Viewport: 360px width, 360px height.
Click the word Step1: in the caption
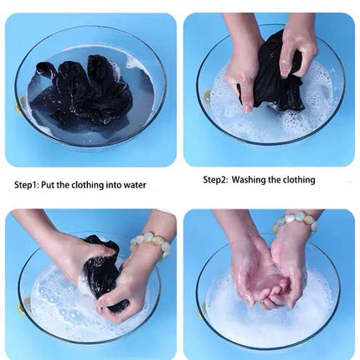pyautogui.click(x=27, y=185)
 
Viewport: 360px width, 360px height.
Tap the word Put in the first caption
pyautogui.click(x=48, y=185)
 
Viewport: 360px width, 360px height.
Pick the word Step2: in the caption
pyautogui.click(x=216, y=180)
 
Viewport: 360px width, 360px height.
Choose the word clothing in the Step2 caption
pyautogui.click(x=299, y=180)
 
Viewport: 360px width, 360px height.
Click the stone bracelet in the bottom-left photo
pyautogui.click(x=151, y=243)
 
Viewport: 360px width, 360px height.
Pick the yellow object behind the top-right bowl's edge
pyautogui.click(x=207, y=96)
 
